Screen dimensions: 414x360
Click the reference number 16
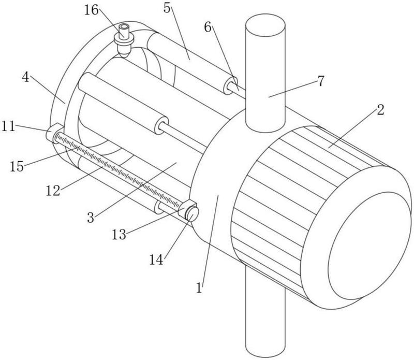click(x=92, y=10)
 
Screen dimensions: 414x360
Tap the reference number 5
click(x=167, y=8)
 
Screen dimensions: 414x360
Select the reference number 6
click(x=208, y=27)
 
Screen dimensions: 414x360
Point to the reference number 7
click(x=320, y=81)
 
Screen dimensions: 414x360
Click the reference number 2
click(x=380, y=110)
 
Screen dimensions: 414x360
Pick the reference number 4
click(x=25, y=77)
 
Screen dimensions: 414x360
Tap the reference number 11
click(x=8, y=126)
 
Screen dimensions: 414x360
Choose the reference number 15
click(x=17, y=167)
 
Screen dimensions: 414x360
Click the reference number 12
click(x=53, y=191)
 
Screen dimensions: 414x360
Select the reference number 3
click(x=91, y=218)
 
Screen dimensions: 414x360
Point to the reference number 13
click(x=119, y=235)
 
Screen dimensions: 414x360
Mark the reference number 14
click(x=157, y=260)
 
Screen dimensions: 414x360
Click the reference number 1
click(x=199, y=287)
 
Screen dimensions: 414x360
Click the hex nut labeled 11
click(x=54, y=134)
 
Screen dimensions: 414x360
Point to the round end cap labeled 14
click(x=193, y=214)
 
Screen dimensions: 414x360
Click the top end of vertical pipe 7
click(x=265, y=24)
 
